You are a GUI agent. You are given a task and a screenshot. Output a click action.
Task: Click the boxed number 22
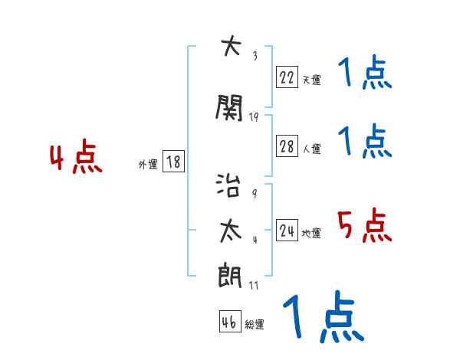287,77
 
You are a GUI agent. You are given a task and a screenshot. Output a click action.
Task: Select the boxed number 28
287,147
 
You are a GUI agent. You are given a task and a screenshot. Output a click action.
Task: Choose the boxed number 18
172,162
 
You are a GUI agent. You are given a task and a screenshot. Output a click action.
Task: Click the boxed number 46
229,322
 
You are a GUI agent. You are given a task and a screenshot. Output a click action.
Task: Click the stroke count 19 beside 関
255,117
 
